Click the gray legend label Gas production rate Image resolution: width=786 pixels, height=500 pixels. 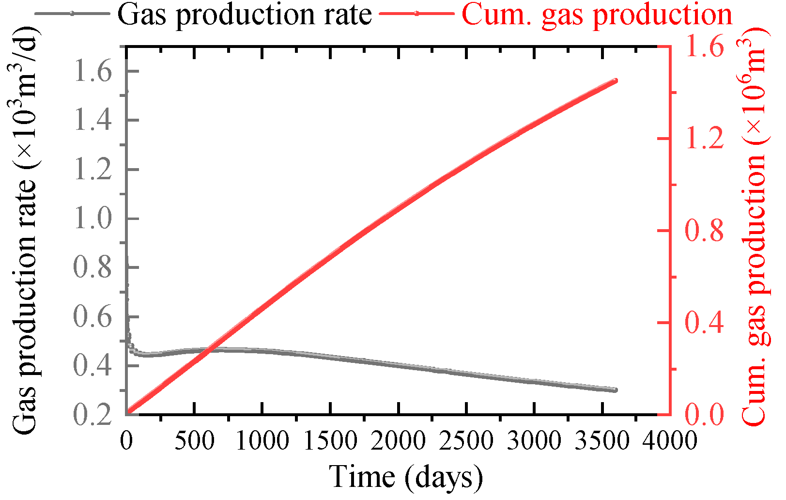245,15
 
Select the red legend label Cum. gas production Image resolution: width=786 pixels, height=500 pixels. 597,15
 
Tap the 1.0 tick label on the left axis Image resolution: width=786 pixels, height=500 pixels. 92,219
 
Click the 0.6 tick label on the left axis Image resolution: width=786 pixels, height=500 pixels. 92,317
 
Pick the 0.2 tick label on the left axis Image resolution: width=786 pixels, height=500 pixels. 92,415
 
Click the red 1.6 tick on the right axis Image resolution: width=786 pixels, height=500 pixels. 704,47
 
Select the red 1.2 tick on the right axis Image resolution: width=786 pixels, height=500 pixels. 704,139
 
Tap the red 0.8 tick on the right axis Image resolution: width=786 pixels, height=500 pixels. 704,231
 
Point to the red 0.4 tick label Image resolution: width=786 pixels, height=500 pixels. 704,323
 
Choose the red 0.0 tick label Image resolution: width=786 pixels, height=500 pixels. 704,415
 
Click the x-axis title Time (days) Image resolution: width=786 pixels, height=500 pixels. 406,477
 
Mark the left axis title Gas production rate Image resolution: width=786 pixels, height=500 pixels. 24,233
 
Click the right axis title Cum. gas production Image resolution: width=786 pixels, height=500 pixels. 756,228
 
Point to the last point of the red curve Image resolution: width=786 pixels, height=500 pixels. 616,80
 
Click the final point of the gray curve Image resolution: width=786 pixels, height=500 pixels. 615,390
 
